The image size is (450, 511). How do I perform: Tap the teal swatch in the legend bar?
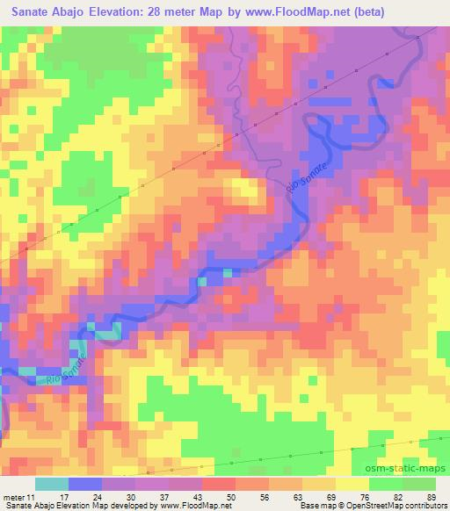coord(51,485)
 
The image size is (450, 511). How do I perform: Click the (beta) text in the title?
coord(368,12)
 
